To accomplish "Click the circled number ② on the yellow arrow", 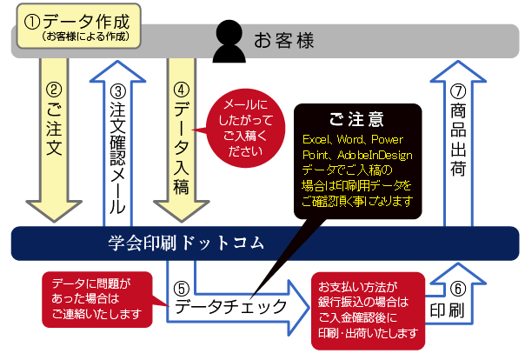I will [x=54, y=89].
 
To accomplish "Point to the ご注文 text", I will [x=54, y=134].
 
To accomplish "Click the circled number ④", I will [x=182, y=89].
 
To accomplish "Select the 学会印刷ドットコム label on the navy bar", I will [x=186, y=241].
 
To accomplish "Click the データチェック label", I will [x=230, y=306].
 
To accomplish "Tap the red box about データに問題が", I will [x=96, y=298].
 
